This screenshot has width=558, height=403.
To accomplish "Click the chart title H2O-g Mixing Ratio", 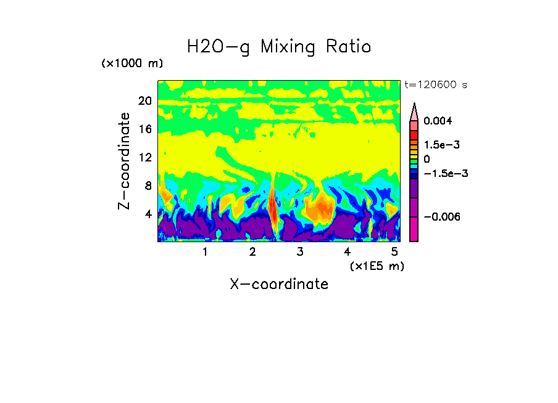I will pos(279,47).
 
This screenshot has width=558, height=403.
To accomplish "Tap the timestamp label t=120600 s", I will pos(435,84).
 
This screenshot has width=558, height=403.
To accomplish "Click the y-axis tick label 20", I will pos(144,100).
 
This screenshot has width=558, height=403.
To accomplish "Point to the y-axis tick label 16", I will pos(144,129).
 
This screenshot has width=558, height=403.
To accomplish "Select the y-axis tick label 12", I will pos(144,157).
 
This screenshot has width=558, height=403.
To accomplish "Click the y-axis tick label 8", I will pos(148,185).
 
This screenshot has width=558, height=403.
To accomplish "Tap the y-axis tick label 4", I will pos(148,214).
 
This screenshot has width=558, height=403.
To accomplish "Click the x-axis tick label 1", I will pos(205,252).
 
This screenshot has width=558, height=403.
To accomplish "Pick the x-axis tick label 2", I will pos(252,252).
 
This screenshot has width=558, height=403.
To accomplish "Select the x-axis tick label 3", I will pos(300,252).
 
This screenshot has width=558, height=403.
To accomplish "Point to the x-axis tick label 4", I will pos(348,252).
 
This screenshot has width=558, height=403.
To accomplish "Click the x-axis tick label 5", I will pos(394,252).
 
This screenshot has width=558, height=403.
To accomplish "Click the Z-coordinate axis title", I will pos(125,160).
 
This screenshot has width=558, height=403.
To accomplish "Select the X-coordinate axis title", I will pos(279,284).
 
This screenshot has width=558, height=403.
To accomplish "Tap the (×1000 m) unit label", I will pos(131,64).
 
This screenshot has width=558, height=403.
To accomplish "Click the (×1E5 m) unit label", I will pos(377,266).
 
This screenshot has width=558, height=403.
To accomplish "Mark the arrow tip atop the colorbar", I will pos(414,105).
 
